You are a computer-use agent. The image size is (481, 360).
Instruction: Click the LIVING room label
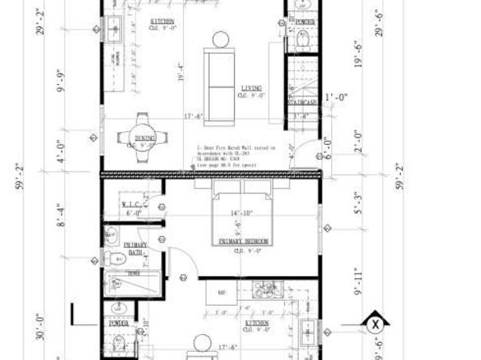(249, 89)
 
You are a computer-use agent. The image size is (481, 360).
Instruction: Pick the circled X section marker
(374, 325)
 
